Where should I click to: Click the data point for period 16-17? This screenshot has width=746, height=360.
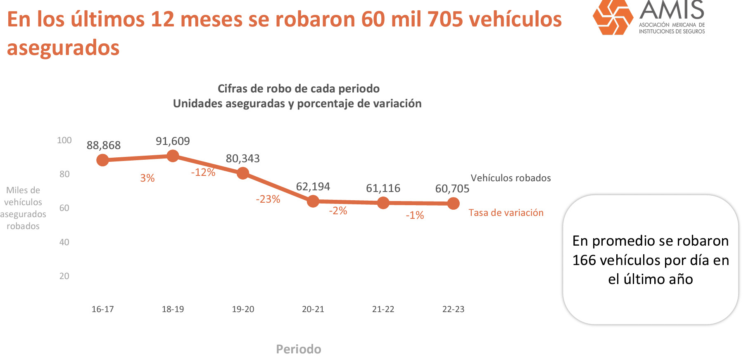[102, 160]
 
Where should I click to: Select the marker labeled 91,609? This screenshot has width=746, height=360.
[173, 156]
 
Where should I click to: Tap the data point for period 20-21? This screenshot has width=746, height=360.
[313, 201]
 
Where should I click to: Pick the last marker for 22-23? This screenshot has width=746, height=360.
[453, 203]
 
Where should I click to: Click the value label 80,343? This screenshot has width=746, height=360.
[242, 159]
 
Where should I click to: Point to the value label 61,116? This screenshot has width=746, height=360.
[383, 188]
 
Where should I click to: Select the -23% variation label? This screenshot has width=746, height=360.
[268, 199]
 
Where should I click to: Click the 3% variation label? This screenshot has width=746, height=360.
[147, 178]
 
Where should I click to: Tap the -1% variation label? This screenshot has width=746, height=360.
[415, 215]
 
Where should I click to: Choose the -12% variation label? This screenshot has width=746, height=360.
[203, 172]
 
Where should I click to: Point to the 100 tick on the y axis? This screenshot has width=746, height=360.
[64, 140]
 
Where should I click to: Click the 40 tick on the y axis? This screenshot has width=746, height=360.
[64, 242]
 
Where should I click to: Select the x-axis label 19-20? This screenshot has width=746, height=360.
[243, 309]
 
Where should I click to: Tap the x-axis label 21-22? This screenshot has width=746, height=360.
[383, 309]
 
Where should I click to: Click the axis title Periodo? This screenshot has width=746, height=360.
[298, 349]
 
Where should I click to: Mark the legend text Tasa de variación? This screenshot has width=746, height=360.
[506, 213]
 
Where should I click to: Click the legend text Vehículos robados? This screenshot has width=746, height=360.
[511, 178]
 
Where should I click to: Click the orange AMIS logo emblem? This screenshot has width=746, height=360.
[613, 17]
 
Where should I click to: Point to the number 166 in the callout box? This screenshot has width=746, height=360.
[584, 260]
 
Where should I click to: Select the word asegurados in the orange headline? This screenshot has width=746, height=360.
[63, 47]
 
